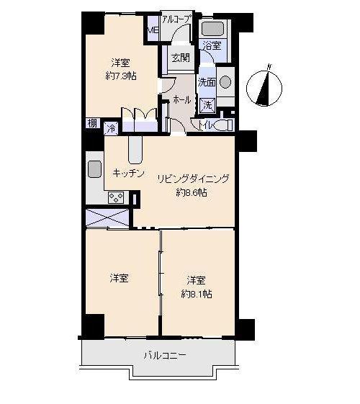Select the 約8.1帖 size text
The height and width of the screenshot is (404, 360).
tap(196, 294)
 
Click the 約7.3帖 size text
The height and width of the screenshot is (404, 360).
tap(120, 74)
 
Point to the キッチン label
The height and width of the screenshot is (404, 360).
tap(129, 173)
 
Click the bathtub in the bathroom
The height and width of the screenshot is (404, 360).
tap(212, 29)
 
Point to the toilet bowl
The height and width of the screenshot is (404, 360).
tap(222, 125)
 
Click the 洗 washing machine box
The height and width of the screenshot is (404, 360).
tap(207, 104)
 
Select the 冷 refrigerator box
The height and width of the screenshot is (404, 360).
tap(111, 128)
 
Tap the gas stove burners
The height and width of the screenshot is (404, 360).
tap(117, 197)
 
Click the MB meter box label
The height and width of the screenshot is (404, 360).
tap(153, 30)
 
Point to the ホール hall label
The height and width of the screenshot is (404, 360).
tap(182, 100)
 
